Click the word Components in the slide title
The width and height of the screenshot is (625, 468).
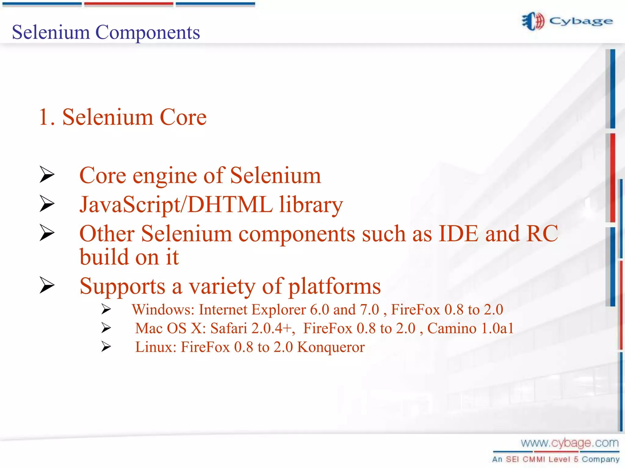pos(148,32)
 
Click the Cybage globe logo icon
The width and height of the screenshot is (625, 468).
pos(533,21)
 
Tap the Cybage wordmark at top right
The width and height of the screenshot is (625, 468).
pos(581,21)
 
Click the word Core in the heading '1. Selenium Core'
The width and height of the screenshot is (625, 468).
pos(183,117)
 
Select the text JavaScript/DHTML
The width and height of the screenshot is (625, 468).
pos(176,205)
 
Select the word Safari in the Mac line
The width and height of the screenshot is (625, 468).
pos(229,328)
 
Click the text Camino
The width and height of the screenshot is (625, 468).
pos(452,328)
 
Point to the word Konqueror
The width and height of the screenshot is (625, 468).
pos(331,347)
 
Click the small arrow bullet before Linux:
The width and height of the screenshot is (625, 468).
pos(106,347)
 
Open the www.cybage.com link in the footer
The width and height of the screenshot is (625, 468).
pos(569,443)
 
